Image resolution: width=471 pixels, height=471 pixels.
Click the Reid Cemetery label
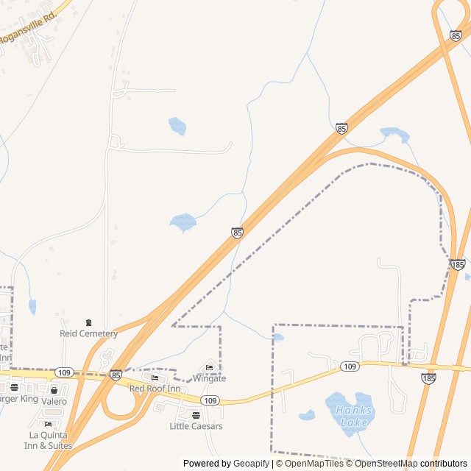pyautogui.click(x=88, y=333)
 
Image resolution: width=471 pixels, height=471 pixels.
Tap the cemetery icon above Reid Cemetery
pyautogui.click(x=89, y=322)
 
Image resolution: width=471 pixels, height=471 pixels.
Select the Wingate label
pyautogui.click(x=209, y=378)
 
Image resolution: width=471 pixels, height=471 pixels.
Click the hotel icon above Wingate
pyautogui.click(x=209, y=368)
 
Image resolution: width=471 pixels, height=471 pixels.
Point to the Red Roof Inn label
pyautogui.click(x=155, y=389)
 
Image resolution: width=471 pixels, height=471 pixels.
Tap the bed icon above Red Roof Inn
pyautogui.click(x=155, y=378)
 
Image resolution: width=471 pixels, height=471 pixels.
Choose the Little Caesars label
pyautogui.click(x=196, y=426)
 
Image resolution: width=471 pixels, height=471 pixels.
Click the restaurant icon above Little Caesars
pyautogui.click(x=196, y=415)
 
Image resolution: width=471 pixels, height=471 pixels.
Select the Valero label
pyautogui.click(x=54, y=401)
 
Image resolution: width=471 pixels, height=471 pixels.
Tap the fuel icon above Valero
pyautogui.click(x=54, y=390)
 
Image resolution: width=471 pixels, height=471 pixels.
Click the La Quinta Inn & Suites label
pyautogui.click(x=49, y=440)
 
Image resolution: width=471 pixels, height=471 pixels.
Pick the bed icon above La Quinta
pyautogui.click(x=49, y=425)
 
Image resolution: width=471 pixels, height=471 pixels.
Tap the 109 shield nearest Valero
pyautogui.click(x=64, y=372)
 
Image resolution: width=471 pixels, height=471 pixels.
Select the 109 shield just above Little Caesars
pyautogui.click(x=210, y=400)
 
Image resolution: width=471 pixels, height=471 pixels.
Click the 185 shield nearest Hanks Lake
pyautogui.click(x=428, y=378)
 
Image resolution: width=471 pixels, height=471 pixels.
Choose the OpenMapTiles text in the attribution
pyautogui.click(x=314, y=464)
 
